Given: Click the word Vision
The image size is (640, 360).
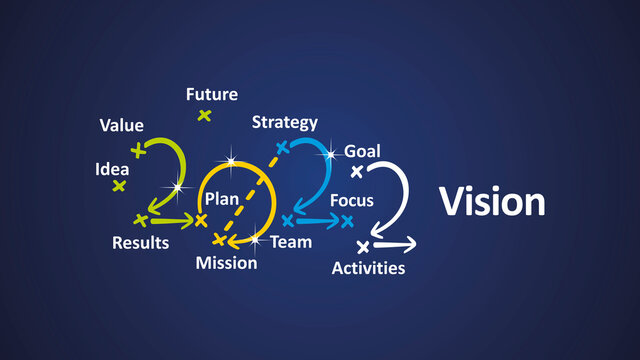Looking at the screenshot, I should pyautogui.click(x=492, y=202).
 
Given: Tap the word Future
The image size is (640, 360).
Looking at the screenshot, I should pyautogui.click(x=212, y=95).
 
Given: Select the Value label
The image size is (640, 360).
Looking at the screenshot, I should pyautogui.click(x=121, y=126).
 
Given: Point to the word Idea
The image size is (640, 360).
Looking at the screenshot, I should pyautogui.click(x=112, y=169).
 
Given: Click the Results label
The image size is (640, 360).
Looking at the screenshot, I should pyautogui.click(x=140, y=243).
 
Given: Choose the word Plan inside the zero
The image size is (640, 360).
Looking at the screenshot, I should pyautogui.click(x=222, y=199).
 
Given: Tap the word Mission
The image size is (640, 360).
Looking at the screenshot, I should pyautogui.click(x=226, y=263).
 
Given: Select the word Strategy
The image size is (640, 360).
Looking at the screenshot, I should pyautogui.click(x=284, y=123).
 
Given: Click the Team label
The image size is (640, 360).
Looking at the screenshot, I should pyautogui.click(x=290, y=242).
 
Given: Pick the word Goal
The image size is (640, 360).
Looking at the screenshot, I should pyautogui.click(x=362, y=151).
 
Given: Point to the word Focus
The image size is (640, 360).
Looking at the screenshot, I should pyautogui.click(x=352, y=200).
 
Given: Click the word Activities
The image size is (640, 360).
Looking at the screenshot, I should pyautogui.click(x=368, y=268).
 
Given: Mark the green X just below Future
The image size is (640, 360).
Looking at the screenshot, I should pyautogui.click(x=204, y=116).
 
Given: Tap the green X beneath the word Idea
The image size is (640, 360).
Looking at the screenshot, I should pyautogui.click(x=119, y=186).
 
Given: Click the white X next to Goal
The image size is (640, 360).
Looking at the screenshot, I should pyautogui.click(x=356, y=171).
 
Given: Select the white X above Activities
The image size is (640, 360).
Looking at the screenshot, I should pyautogui.click(x=363, y=245).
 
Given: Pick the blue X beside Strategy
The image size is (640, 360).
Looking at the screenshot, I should pyautogui.click(x=282, y=148).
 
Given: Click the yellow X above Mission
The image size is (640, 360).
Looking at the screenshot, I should pyautogui.click(x=219, y=240).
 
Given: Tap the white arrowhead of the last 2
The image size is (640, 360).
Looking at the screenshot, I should pyautogui.click(x=408, y=245).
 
